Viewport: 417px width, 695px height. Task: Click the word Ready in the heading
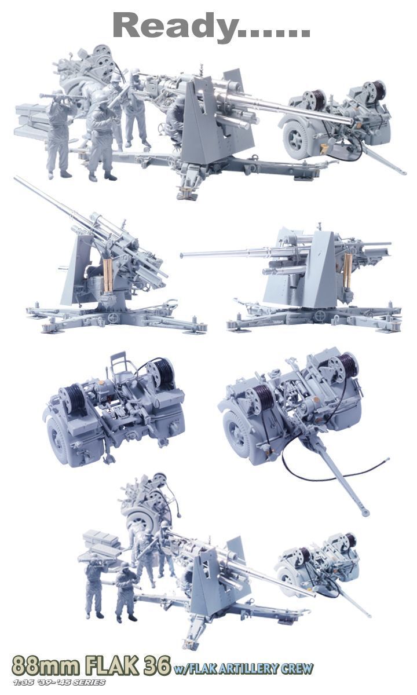[175, 27]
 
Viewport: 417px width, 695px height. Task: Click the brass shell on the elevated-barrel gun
[108, 276]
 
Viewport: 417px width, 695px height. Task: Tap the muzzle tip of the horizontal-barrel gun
[182, 255]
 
